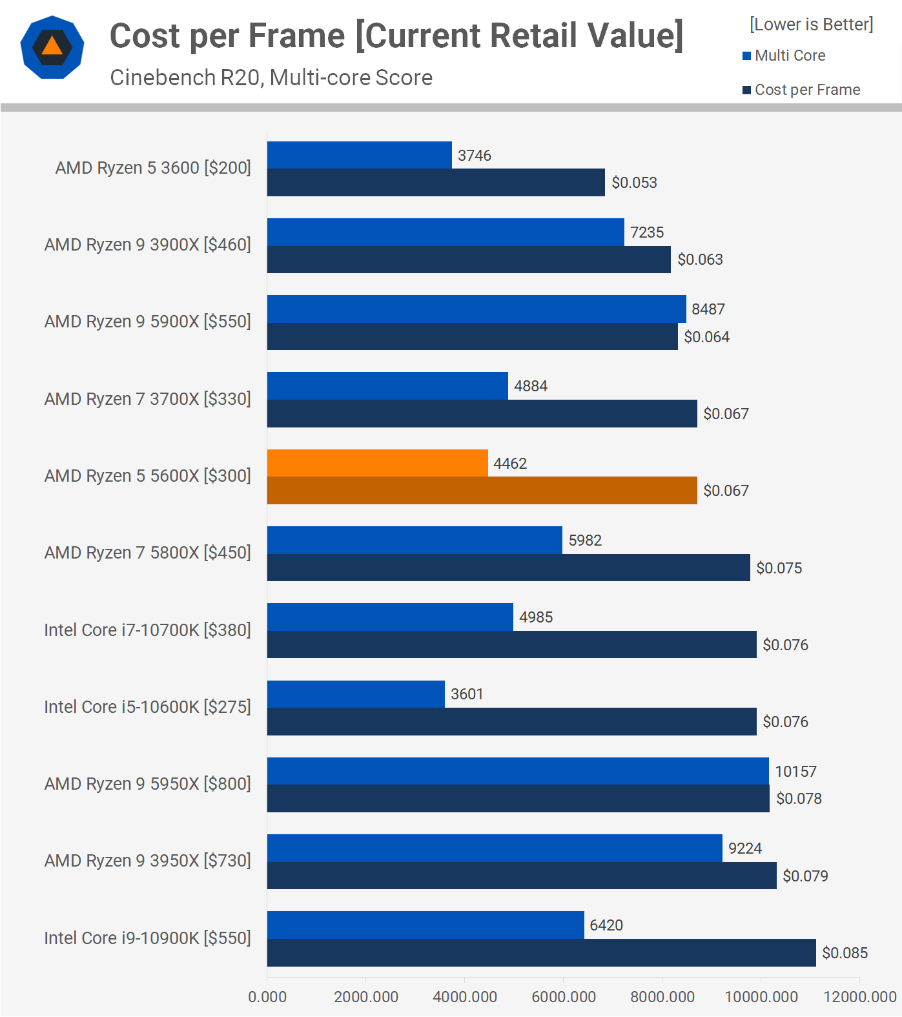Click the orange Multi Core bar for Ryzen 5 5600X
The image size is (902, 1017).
coord(377,463)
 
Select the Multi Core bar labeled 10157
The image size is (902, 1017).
coord(518,771)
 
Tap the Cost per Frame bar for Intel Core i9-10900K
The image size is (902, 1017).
coord(541,952)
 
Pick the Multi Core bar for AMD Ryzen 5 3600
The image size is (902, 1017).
coord(359,155)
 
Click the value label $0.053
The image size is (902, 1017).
coord(634,183)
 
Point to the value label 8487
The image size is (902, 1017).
coord(708,309)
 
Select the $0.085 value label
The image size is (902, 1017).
coord(845,952)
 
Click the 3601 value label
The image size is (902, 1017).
coord(467,694)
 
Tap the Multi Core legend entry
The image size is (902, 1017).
coord(784,56)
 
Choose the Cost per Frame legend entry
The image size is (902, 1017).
coord(801,90)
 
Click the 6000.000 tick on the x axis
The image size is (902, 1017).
coord(563,996)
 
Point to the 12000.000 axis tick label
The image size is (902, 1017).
coord(859,996)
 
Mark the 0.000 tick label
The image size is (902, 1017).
coord(267,996)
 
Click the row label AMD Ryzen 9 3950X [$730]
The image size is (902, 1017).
coord(147,861)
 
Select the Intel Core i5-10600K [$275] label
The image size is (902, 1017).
coord(147,707)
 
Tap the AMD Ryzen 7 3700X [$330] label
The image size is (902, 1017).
coord(147,399)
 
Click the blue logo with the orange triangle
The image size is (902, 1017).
coord(52,47)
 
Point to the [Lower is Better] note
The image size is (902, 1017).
coord(811,25)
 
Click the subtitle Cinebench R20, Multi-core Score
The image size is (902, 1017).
coord(271,77)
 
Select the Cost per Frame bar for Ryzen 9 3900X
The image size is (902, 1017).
coord(469,260)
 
